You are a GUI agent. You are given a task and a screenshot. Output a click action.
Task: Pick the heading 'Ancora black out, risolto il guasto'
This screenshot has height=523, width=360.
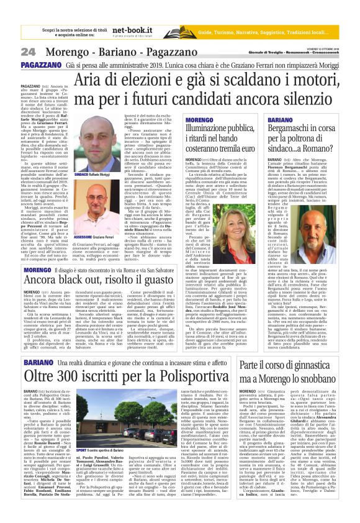coord(103,263)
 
